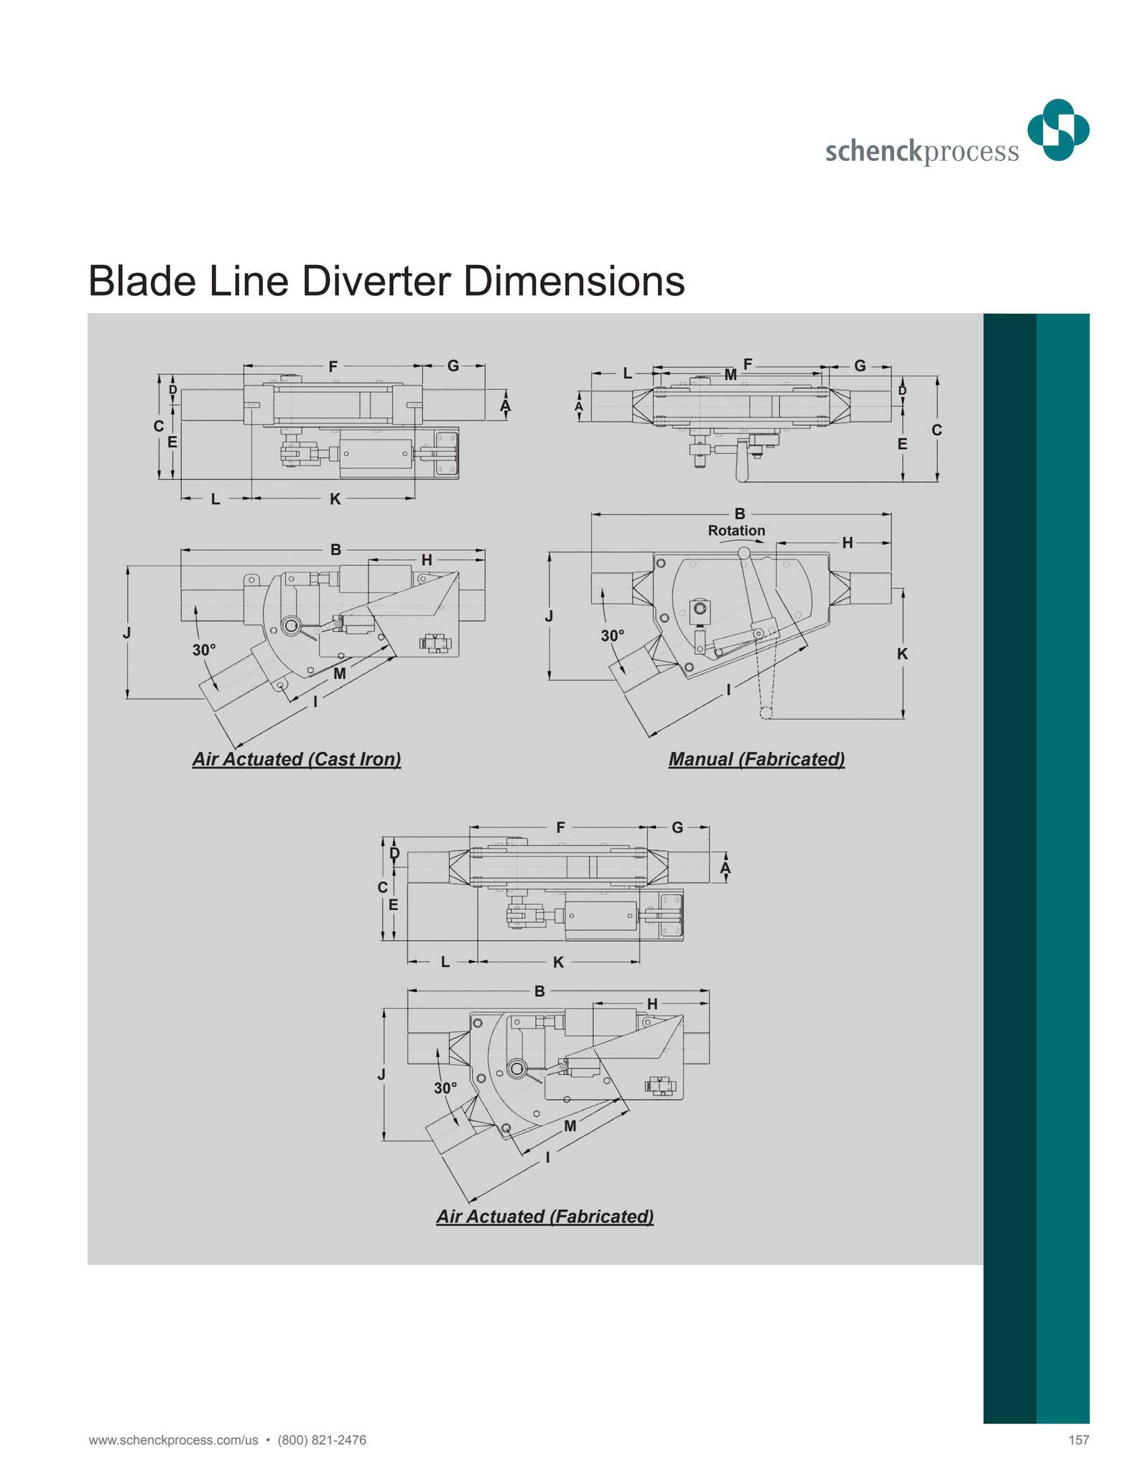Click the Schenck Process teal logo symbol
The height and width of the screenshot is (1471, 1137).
click(x=1057, y=130)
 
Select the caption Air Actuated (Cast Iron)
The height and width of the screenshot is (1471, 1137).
click(x=297, y=759)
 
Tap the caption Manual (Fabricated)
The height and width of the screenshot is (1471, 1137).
click(x=756, y=759)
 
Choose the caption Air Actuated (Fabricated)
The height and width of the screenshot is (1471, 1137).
click(x=545, y=1216)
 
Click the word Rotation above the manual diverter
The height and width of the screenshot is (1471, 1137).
click(x=736, y=531)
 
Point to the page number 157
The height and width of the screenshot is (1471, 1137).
click(x=1078, y=1439)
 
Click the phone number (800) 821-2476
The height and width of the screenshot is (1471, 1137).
click(x=322, y=1439)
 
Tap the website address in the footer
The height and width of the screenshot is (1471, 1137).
click(x=173, y=1439)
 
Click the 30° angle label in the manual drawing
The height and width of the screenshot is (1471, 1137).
click(x=613, y=636)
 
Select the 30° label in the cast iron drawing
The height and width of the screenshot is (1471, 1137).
click(x=204, y=650)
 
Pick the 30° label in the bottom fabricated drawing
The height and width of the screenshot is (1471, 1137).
click(x=445, y=1088)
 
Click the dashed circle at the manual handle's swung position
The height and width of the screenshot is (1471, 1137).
click(x=766, y=713)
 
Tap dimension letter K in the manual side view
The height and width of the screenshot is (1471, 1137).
click(x=903, y=654)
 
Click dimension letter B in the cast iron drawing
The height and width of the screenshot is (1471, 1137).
click(x=335, y=550)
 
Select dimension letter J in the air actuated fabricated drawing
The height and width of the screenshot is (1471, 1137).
click(x=382, y=1075)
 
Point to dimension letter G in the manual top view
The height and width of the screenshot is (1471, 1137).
click(x=860, y=366)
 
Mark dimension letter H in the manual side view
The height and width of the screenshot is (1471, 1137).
click(x=848, y=543)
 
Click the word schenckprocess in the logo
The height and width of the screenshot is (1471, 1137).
click(x=922, y=152)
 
